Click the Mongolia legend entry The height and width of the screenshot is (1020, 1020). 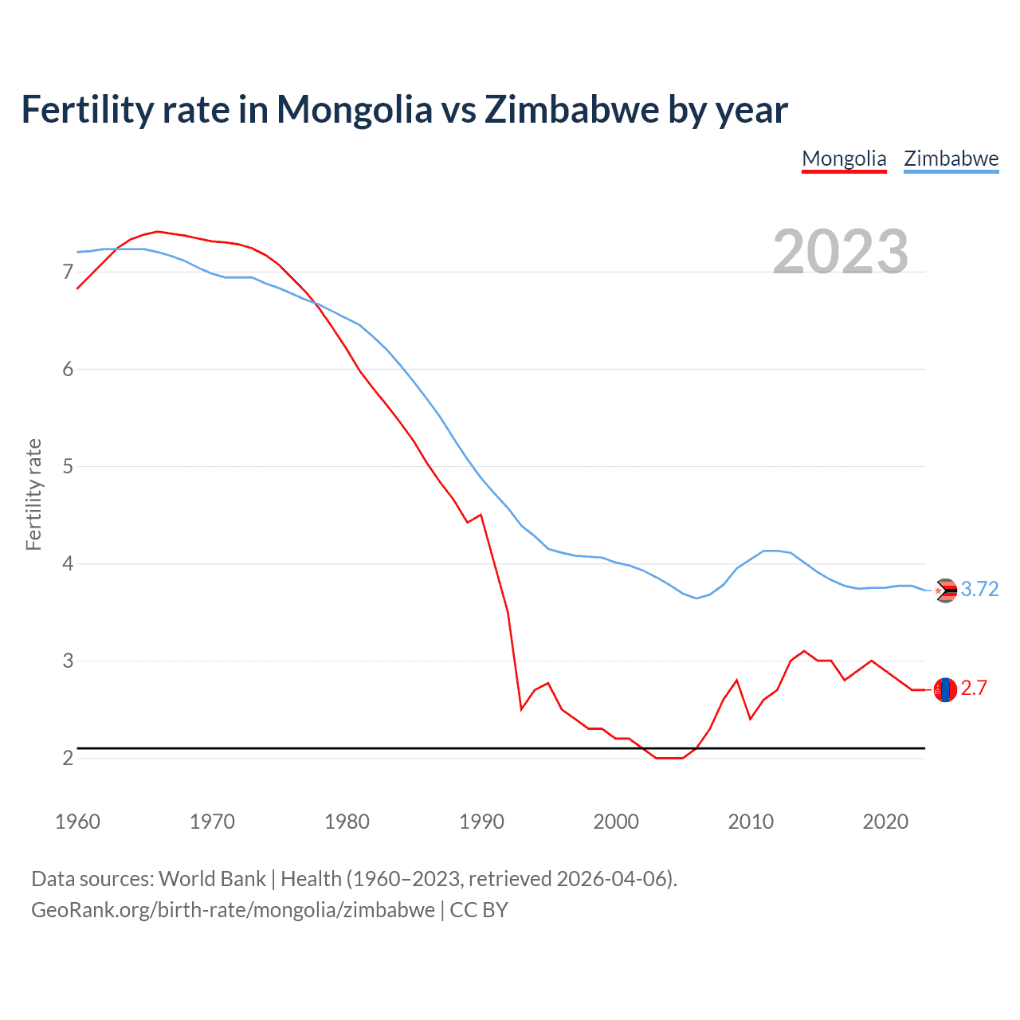click(x=844, y=159)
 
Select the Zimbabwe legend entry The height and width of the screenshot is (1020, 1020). click(x=951, y=159)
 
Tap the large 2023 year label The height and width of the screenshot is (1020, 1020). click(x=841, y=252)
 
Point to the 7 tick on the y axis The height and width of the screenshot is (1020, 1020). click(x=68, y=273)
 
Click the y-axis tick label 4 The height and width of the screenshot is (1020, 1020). click(x=68, y=564)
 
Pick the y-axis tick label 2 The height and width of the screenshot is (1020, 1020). click(x=68, y=759)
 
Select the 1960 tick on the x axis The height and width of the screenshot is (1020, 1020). click(x=77, y=822)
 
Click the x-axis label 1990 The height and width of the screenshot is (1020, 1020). click(x=481, y=822)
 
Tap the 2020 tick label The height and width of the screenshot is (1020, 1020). click(x=885, y=822)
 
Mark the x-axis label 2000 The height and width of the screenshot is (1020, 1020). click(x=616, y=822)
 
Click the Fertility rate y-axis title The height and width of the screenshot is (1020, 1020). click(x=33, y=494)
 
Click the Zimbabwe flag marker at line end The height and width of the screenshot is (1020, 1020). click(x=945, y=590)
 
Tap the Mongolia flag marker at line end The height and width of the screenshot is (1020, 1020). click(x=945, y=689)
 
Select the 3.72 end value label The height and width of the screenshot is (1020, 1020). click(x=979, y=590)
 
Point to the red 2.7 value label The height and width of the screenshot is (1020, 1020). click(x=974, y=688)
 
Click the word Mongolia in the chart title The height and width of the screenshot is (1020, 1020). click(x=354, y=110)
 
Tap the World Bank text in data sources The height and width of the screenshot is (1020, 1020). click(x=212, y=879)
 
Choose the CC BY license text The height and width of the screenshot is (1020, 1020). click(x=479, y=910)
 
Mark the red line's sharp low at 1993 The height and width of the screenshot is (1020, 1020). click(x=521, y=708)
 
